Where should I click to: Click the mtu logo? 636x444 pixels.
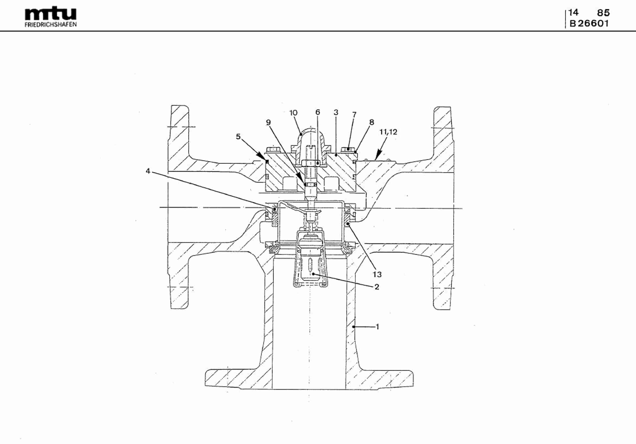51,14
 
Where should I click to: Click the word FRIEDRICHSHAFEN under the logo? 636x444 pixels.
51,25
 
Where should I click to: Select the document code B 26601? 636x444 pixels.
589,23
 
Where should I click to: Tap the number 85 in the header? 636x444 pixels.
604,13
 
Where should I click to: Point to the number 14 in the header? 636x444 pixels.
573,12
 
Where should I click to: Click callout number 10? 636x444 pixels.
293,113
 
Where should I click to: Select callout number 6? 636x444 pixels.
318,112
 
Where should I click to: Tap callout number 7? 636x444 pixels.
354,114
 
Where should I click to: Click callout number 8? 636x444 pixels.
372,122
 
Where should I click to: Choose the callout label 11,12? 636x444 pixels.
388,132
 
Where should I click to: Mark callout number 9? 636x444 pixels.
268,122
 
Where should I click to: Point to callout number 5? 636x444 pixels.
238,136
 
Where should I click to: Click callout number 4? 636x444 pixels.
148,171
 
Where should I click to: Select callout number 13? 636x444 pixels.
377,274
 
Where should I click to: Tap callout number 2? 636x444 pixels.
377,287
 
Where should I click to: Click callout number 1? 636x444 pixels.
377,327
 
